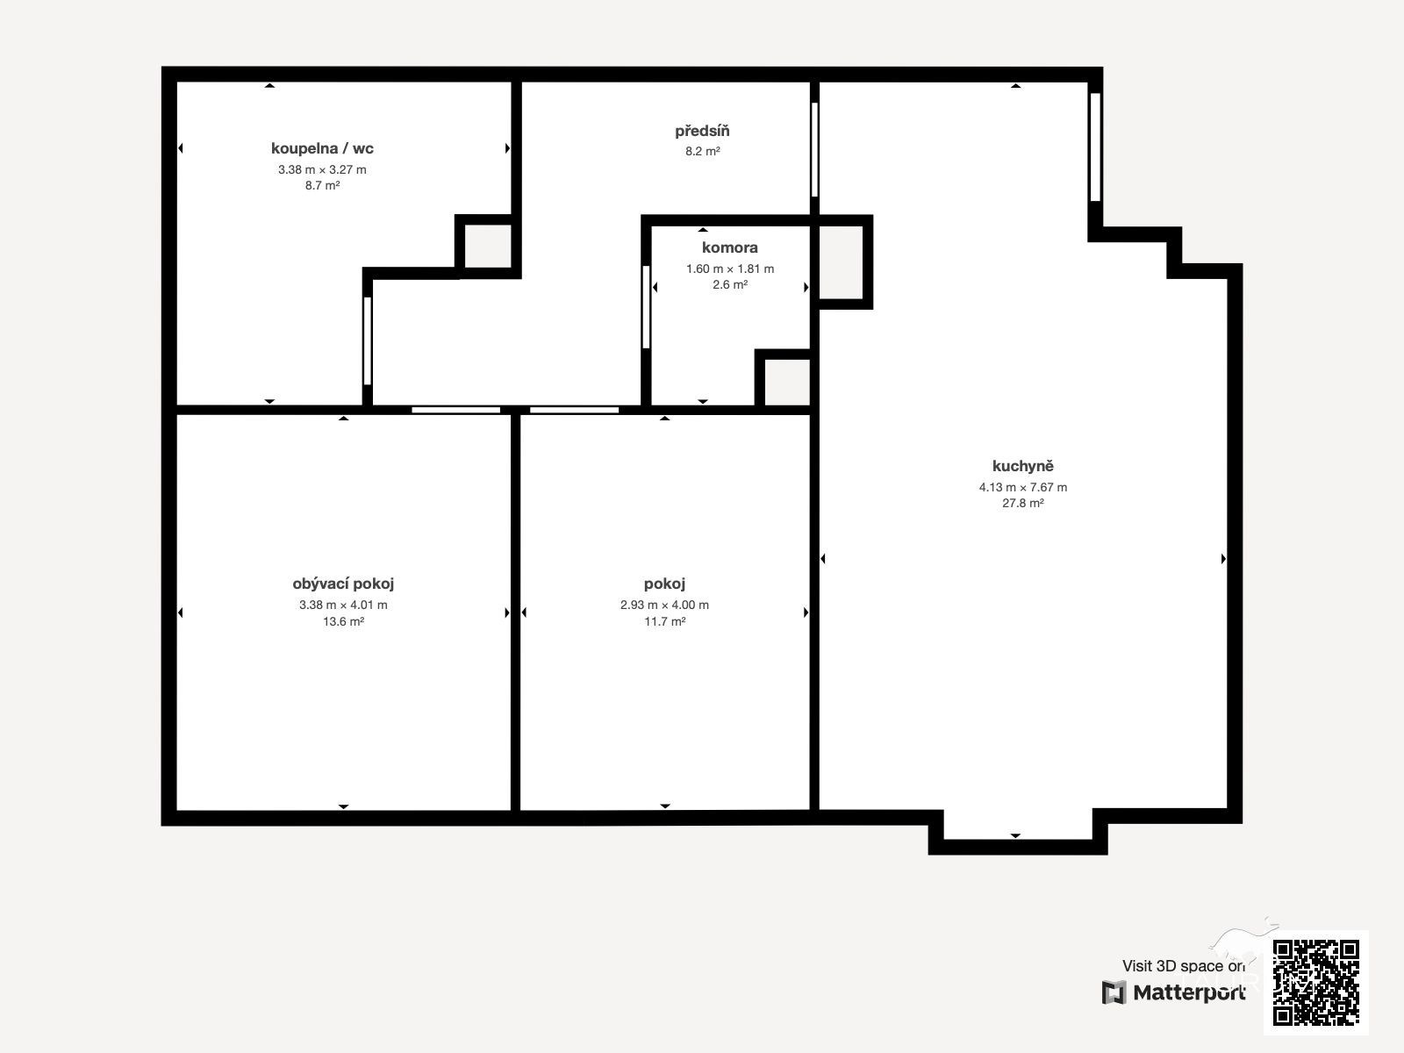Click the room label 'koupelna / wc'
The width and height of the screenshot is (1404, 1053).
point(322,148)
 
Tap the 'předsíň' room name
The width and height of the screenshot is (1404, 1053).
point(702,131)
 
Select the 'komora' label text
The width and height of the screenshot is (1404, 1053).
point(729,247)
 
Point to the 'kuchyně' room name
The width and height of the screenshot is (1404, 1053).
point(1022,466)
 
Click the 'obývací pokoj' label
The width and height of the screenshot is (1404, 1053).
point(343,584)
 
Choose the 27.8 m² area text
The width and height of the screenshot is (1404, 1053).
point(1022,503)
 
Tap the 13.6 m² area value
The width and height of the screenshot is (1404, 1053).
point(343,621)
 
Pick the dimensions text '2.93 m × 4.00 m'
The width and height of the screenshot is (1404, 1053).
point(664,605)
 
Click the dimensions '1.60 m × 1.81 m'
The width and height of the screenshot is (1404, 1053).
point(729,269)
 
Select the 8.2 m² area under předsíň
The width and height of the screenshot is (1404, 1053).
point(702,152)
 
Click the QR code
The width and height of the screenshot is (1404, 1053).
point(1315,983)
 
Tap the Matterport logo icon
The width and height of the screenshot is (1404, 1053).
point(1114,992)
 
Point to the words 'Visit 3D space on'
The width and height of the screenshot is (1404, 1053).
point(1184,965)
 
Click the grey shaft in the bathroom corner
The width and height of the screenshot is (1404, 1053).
point(487,246)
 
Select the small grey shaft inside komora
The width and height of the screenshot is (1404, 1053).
point(787,382)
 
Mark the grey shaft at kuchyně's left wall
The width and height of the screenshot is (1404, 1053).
point(842,262)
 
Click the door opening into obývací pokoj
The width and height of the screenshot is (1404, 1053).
point(455,410)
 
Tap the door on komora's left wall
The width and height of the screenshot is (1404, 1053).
point(646,307)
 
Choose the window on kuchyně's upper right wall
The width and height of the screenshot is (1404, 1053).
point(1095,147)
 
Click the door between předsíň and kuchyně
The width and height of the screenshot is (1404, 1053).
point(814,149)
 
